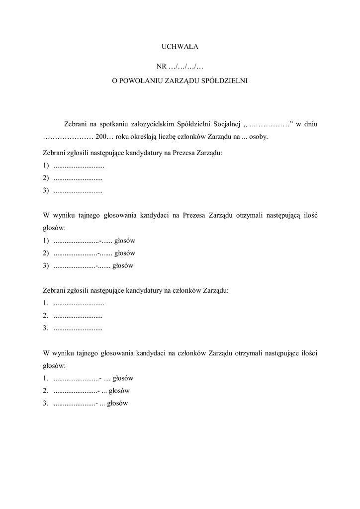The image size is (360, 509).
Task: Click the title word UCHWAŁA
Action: (x=180, y=47)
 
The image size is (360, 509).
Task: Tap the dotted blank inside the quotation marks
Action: (x=267, y=124)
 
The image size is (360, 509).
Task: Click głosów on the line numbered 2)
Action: (x=125, y=253)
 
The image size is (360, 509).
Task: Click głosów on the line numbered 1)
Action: (x=125, y=241)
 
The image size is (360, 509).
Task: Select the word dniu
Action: (x=311, y=124)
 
